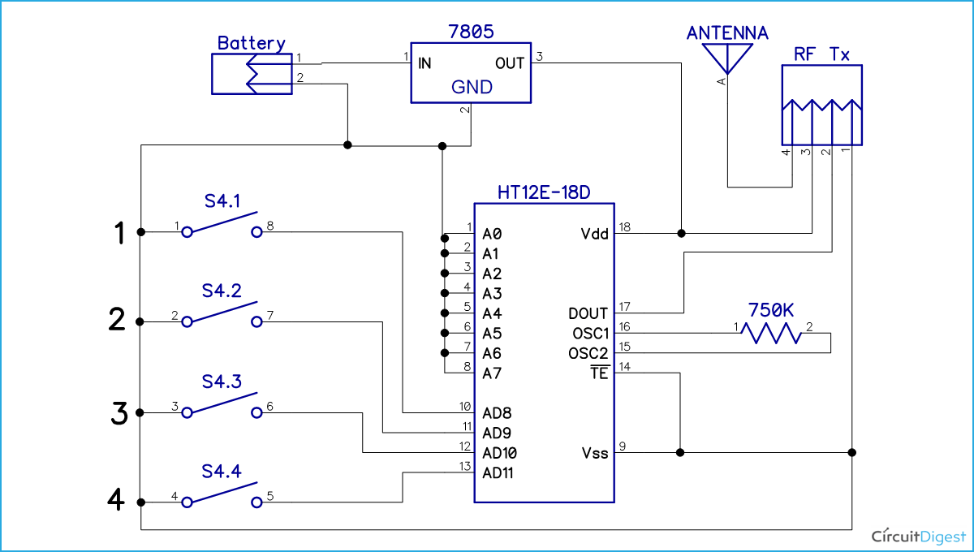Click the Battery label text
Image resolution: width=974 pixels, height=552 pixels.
tap(251, 43)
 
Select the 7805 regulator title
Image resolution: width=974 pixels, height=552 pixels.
tap(471, 32)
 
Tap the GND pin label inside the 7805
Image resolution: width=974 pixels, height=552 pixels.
tap(472, 87)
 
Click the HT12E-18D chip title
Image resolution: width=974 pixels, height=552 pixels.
tap(544, 192)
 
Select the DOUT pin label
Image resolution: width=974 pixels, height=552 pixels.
tap(588, 313)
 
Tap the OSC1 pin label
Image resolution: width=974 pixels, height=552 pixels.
tap(588, 334)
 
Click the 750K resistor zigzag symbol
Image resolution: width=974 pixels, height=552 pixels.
tap(774, 334)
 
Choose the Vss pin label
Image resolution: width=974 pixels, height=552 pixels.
tap(594, 453)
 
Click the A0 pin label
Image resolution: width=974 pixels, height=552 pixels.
tap(492, 234)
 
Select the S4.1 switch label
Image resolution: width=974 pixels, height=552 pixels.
tap(222, 200)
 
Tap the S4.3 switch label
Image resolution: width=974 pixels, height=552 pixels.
tap(222, 382)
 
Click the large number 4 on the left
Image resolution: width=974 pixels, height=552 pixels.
tap(118, 501)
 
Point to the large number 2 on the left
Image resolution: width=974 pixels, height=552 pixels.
tap(119, 321)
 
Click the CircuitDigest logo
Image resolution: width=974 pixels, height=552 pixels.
tap(917, 536)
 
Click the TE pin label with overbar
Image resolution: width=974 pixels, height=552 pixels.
tap(599, 373)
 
